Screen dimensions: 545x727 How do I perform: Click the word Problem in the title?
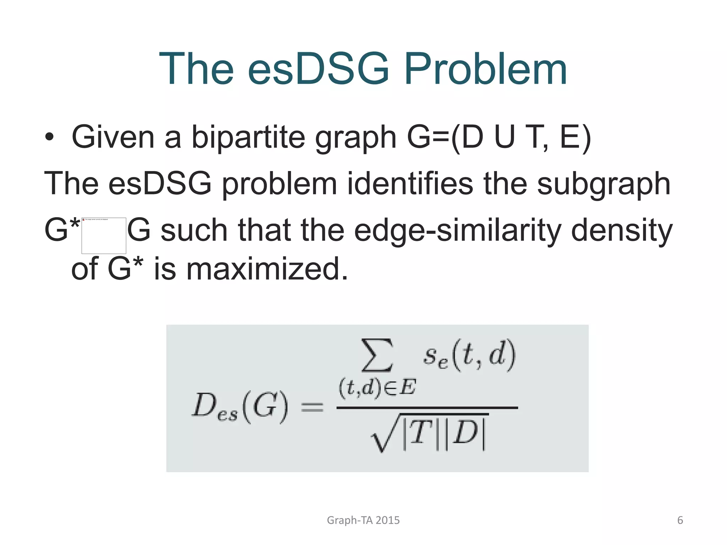pyautogui.click(x=485, y=69)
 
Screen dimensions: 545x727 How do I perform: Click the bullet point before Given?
pyautogui.click(x=49, y=137)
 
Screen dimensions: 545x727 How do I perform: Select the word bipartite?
pyautogui.click(x=248, y=137)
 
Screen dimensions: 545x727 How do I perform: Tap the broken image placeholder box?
pyautogui.click(x=104, y=236)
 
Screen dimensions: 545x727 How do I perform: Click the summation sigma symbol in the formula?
pyautogui.click(x=377, y=355)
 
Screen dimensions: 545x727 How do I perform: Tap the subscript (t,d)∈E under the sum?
pyautogui.click(x=377, y=387)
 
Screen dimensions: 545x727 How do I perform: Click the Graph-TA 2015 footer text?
pyautogui.click(x=363, y=520)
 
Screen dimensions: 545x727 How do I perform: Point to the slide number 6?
pyautogui.click(x=680, y=520)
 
